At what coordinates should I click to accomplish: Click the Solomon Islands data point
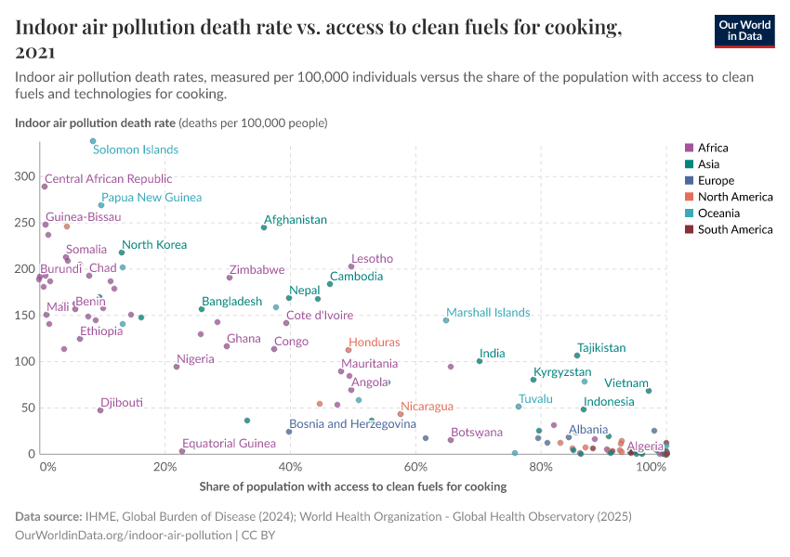tap(93, 141)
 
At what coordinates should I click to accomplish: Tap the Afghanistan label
tap(296, 220)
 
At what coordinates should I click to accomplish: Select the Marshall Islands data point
tap(446, 320)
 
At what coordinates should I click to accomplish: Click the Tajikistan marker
tap(577, 356)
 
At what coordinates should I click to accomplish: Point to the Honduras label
tap(374, 343)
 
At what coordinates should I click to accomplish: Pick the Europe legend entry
tap(716, 180)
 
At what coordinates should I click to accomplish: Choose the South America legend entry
tap(734, 229)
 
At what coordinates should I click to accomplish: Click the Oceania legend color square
tap(689, 213)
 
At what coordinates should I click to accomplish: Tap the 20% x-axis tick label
tap(165, 467)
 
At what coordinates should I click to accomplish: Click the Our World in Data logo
tap(744, 31)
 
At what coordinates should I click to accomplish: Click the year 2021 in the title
tap(34, 51)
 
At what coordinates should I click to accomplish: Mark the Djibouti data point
tap(100, 410)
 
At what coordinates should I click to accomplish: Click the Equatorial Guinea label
tap(229, 444)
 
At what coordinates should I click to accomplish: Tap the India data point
tap(480, 361)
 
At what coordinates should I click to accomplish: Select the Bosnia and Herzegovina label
tap(352, 424)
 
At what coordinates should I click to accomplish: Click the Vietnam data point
tap(649, 391)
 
